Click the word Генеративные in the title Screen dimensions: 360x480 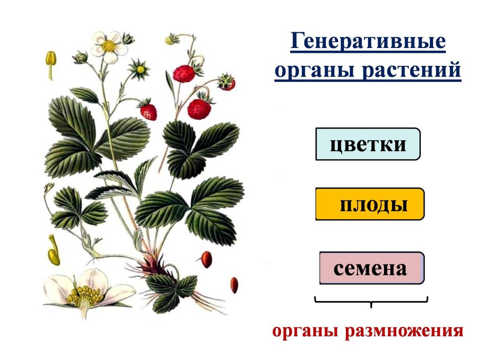click(x=368, y=42)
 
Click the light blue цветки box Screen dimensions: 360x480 click(x=368, y=143)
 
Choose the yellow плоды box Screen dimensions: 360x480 click(x=370, y=204)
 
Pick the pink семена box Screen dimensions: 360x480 click(x=371, y=268)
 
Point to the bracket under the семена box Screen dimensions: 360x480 click(x=371, y=301)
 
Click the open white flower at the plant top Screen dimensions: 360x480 click(x=109, y=46)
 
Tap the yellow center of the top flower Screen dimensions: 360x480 click(x=109, y=46)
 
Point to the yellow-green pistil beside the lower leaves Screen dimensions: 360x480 click(x=53, y=251)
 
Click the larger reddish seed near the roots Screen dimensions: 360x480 click(x=206, y=258)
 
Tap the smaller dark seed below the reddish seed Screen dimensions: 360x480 click(x=234, y=285)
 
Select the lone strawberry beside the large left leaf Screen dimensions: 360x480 click(x=148, y=111)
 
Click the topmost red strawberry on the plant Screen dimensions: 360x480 click(x=184, y=73)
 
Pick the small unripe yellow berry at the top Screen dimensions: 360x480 click(x=170, y=40)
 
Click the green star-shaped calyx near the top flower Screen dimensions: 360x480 click(x=140, y=69)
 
